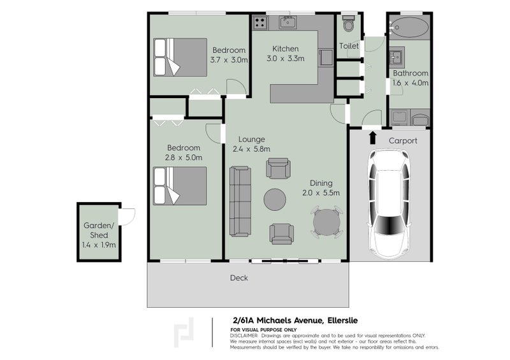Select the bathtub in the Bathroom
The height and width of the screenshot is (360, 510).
click(409, 28)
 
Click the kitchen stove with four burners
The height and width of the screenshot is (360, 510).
click(260, 23)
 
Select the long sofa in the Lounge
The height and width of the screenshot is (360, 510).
click(240, 201)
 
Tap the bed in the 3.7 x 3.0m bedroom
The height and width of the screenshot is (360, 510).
click(180, 57)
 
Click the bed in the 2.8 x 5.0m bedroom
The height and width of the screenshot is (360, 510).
click(180, 185)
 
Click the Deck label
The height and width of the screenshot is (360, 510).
click(239, 278)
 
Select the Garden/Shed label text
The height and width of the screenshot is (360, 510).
click(99, 230)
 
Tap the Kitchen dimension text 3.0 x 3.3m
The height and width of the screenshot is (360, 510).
click(286, 59)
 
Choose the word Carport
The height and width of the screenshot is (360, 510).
click(403, 140)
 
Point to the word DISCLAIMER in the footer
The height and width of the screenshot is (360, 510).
click(244, 335)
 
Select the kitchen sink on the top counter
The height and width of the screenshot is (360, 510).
click(288, 23)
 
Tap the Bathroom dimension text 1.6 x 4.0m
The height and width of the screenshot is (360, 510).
click(411, 83)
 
